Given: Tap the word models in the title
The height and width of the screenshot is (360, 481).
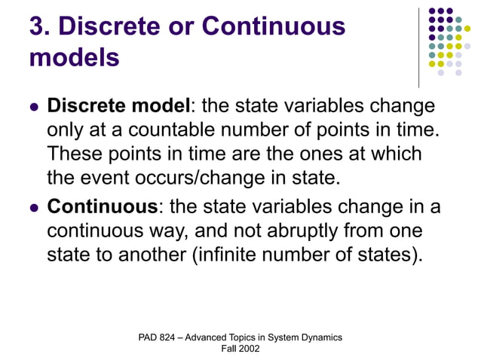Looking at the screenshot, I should (74, 57).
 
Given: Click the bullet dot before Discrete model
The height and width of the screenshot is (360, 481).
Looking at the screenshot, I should (32, 107).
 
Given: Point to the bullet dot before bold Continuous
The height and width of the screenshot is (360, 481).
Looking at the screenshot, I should (32, 206).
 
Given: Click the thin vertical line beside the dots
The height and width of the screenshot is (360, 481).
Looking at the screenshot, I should (419, 47).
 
